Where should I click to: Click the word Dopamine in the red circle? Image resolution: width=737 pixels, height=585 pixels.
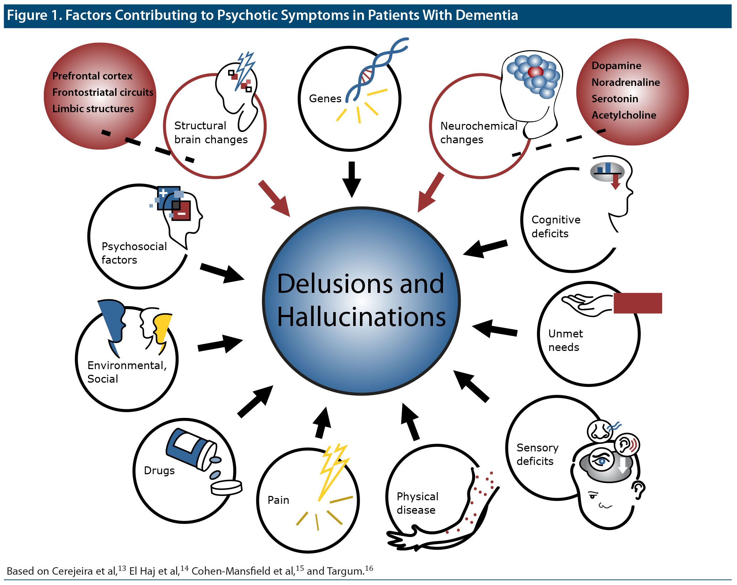tap(616, 66)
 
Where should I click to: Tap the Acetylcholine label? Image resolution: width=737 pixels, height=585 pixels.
tap(624, 115)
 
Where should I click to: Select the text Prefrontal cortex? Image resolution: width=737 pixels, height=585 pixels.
tap(92, 76)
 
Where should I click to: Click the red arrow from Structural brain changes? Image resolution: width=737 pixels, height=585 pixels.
tap(274, 198)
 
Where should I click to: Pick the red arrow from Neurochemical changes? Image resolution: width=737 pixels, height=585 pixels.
tap(431, 193)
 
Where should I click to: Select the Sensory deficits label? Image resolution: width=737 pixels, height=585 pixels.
tap(537, 454)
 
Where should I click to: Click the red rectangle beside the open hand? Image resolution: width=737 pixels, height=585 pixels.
tap(638, 303)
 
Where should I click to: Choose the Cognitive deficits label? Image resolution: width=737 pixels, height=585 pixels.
tap(556, 227)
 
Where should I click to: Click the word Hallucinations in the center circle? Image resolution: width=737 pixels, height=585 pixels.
tap(361, 317)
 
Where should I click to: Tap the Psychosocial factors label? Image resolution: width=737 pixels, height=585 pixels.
tap(134, 253)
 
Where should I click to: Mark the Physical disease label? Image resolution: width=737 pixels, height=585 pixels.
tap(417, 503)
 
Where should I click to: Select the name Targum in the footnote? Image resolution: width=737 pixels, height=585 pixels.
tap(345, 571)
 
